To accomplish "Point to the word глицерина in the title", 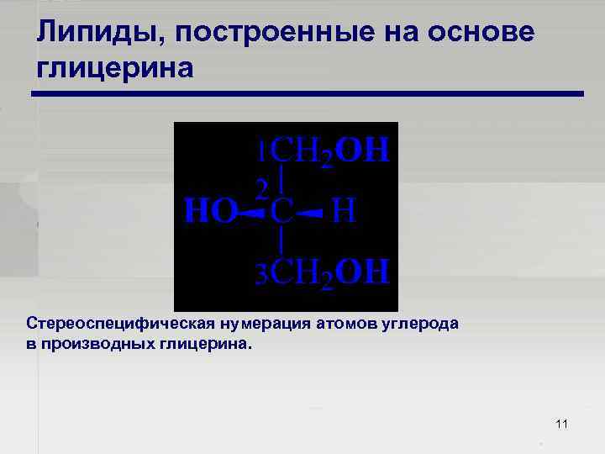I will [115, 66].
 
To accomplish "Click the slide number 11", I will [562, 423].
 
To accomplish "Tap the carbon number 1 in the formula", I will [263, 151].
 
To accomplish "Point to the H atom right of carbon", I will [345, 211].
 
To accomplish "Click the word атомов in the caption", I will [345, 324].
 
